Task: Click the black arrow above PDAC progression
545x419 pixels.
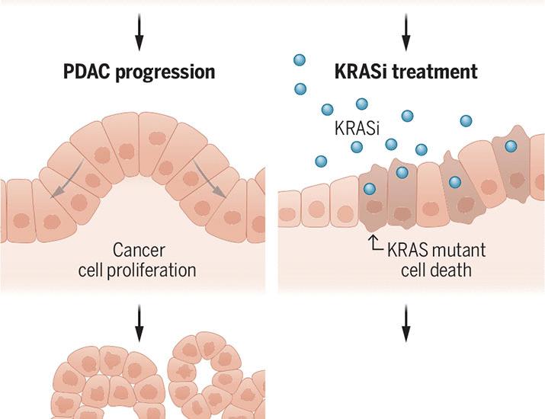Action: pyautogui.click(x=139, y=27)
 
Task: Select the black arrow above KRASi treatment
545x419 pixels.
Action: pyautogui.click(x=406, y=27)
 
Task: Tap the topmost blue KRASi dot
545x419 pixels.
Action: pyautogui.click(x=300, y=60)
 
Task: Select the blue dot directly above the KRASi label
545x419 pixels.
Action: pyautogui.click(x=362, y=104)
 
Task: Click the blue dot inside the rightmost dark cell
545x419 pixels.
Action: pyautogui.click(x=511, y=146)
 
